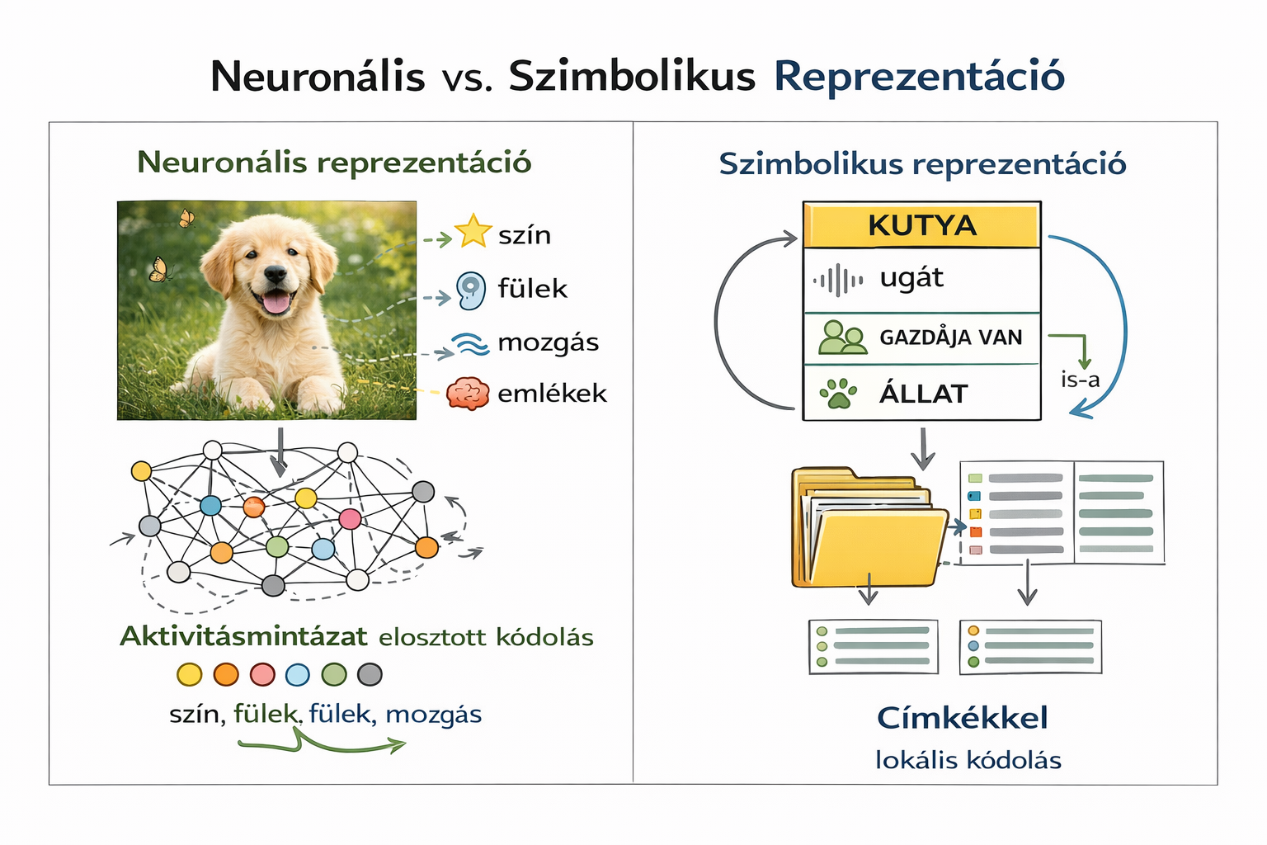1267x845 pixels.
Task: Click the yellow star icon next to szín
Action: pyautogui.click(x=473, y=232)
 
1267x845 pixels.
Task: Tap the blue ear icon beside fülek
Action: pyautogui.click(x=471, y=290)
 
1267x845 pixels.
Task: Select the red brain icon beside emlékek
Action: pyautogui.click(x=468, y=394)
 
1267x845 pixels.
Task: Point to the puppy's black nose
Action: pyautogui.click(x=276, y=274)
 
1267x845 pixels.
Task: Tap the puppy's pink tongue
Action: pyautogui.click(x=276, y=303)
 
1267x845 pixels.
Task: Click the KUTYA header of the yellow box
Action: pyautogui.click(x=922, y=225)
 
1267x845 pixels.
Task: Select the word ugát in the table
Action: pyautogui.click(x=911, y=278)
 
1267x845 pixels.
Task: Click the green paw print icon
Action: pyautogui.click(x=838, y=394)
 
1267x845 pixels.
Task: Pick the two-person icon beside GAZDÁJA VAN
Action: pyautogui.click(x=843, y=338)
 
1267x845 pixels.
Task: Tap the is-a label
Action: pyautogui.click(x=1081, y=380)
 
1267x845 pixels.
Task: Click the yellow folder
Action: pyautogui.click(x=869, y=527)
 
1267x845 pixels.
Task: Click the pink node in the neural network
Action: pyautogui.click(x=350, y=519)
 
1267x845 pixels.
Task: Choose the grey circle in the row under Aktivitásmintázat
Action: pyautogui.click(x=370, y=675)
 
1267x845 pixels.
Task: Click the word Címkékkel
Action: pyautogui.click(x=963, y=718)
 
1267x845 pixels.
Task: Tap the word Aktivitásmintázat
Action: pyautogui.click(x=244, y=637)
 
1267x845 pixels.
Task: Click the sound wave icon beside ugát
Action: pyautogui.click(x=838, y=281)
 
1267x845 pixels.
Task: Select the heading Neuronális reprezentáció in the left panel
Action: pyautogui.click(x=334, y=163)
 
